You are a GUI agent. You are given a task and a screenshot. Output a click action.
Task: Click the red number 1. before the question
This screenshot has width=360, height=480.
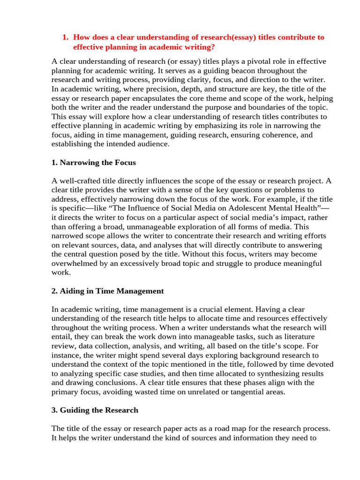coord(66,37)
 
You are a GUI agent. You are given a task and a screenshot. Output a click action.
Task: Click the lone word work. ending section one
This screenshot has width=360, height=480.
coord(60,272)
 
